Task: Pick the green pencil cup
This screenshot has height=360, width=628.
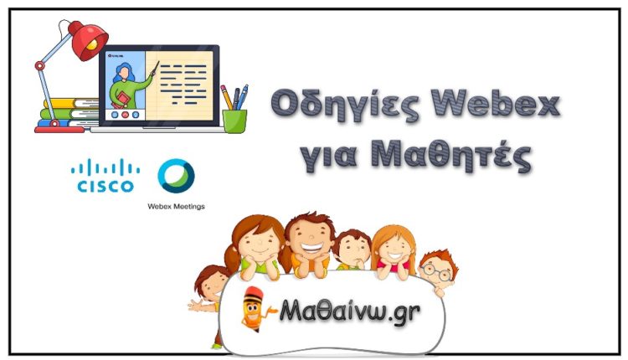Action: click(x=234, y=119)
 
